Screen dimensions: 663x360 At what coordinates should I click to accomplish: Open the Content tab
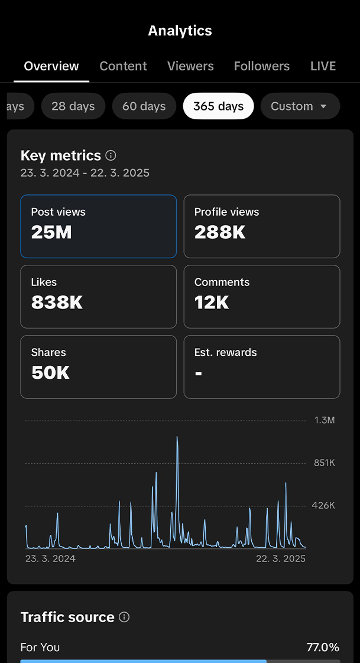pos(123,66)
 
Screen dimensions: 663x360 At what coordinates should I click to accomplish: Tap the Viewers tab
pos(190,66)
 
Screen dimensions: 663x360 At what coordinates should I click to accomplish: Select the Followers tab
pos(262,66)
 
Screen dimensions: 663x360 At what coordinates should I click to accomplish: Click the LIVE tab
pos(323,66)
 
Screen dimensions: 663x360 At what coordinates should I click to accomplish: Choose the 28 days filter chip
pos(73,106)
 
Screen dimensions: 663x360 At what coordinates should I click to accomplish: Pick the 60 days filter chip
pos(144,106)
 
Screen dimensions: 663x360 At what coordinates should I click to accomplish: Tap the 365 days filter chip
pos(218,106)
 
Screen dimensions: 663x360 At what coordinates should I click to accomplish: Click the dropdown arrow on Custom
pos(323,107)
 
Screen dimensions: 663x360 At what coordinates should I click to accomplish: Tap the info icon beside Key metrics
pos(111,155)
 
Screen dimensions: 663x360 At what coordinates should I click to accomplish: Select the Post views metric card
pos(98,226)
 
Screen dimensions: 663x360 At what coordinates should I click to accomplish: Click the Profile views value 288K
pos(220,233)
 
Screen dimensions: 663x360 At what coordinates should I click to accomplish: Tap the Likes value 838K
pos(57,303)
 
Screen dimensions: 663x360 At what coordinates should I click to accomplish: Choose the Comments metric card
pos(262,297)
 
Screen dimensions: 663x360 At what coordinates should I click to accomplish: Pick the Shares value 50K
pos(50,373)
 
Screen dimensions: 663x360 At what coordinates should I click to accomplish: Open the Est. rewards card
pos(262,367)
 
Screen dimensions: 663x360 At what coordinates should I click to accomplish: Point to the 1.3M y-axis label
pos(325,420)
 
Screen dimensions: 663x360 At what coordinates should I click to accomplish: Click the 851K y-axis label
pos(325,463)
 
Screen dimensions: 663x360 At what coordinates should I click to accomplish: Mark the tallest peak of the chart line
pos(177,438)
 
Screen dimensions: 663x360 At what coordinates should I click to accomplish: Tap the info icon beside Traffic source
pos(124,617)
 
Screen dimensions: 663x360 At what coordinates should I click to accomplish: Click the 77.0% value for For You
pos(323,647)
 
